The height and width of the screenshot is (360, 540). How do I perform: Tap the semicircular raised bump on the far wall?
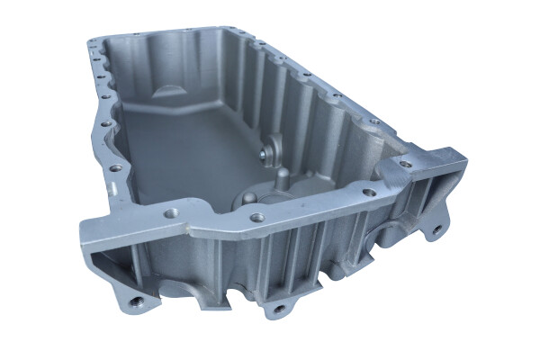(170, 92)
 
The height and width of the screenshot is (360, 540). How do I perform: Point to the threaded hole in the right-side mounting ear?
(438, 229)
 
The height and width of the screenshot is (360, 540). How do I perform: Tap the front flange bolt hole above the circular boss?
(257, 217)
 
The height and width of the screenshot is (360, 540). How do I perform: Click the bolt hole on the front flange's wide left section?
(170, 214)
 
